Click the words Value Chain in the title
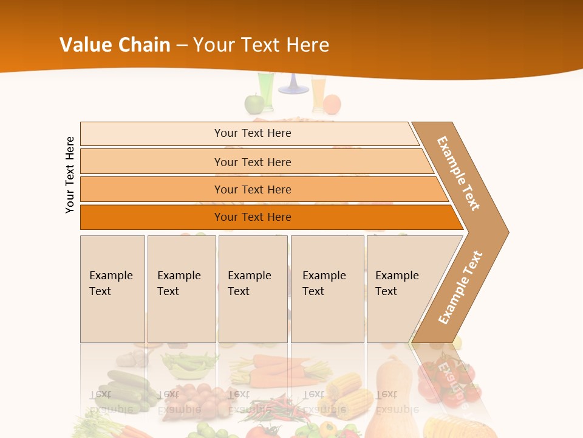click(115, 45)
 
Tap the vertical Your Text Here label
click(70, 175)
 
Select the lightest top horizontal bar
click(252, 133)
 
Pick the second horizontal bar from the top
click(252, 162)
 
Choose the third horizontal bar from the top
click(252, 189)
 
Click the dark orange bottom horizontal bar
click(252, 217)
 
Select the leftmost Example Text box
click(112, 289)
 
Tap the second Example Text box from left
click(182, 289)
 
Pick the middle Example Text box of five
click(253, 289)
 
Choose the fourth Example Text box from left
click(327, 289)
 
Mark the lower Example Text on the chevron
click(460, 287)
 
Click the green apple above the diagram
click(253, 104)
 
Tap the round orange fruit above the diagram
click(332, 105)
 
